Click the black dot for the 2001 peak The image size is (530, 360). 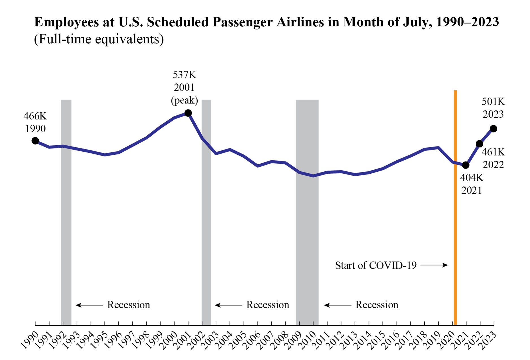coord(188,113)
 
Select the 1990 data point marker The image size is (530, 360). coord(35,141)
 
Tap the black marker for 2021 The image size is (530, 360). coord(466,165)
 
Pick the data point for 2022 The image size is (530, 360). coord(479,144)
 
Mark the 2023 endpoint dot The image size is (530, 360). coord(493,129)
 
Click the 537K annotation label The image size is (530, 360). coord(184,75)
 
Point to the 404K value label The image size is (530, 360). coord(471,178)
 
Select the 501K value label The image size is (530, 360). coord(493,102)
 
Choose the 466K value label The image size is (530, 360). coord(35,116)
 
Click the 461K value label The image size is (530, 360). coord(493,152)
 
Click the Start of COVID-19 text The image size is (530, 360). coord(376,265)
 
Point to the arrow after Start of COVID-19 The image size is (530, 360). coord(434,265)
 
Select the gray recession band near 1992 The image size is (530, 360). coord(66,212)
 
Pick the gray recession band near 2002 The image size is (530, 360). coord(206,212)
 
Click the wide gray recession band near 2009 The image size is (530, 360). coord(307,212)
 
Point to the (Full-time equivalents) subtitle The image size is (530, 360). coord(99,39)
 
